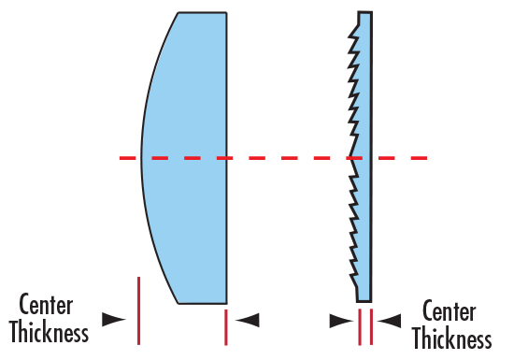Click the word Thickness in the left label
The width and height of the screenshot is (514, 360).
[x=53, y=332]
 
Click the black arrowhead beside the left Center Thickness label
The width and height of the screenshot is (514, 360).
[x=114, y=319]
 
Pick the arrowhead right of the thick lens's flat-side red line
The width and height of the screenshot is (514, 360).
[x=248, y=320]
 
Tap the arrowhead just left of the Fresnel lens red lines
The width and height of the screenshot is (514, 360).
[x=341, y=321]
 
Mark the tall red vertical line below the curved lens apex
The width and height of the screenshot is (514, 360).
[x=138, y=310]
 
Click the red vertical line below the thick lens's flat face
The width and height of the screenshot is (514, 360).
[x=226, y=327]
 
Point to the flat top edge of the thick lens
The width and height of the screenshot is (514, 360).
[x=202, y=13]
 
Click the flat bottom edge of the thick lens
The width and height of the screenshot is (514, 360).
[x=202, y=303]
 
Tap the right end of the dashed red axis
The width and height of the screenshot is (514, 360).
[x=423, y=158]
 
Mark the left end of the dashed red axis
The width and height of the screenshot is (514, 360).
[x=122, y=158]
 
